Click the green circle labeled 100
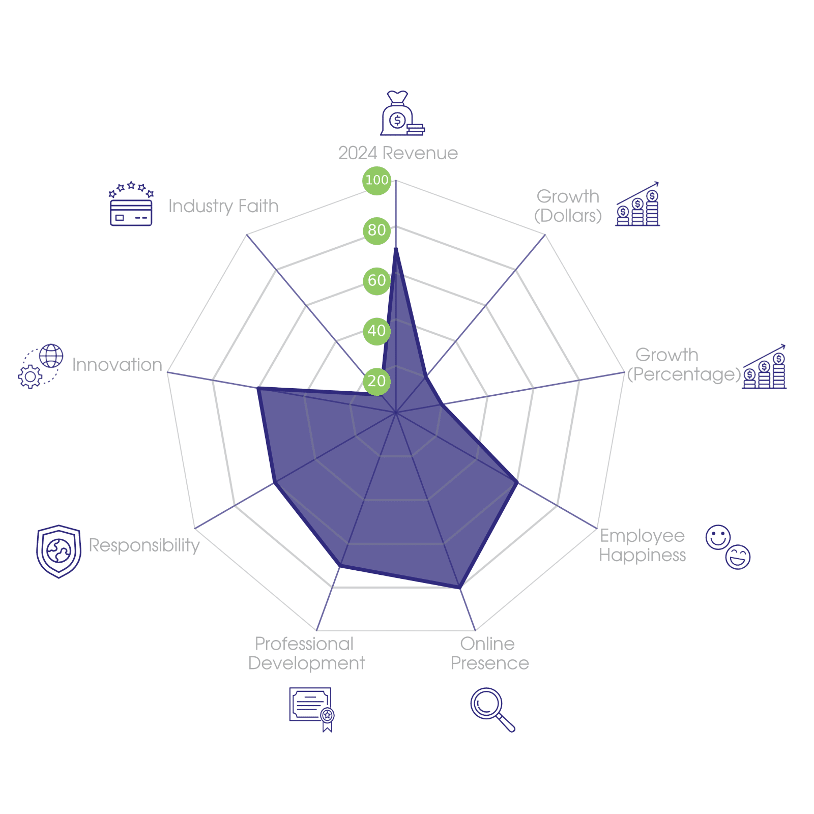click(x=376, y=180)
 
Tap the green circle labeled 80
click(x=376, y=230)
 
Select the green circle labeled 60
click(x=376, y=280)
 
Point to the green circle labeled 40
click(x=376, y=331)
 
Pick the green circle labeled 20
click(x=376, y=381)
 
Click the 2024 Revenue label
click(x=398, y=153)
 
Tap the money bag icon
click(x=401, y=114)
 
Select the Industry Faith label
click(x=223, y=206)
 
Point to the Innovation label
click(x=117, y=365)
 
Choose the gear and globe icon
click(x=41, y=366)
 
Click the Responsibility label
click(x=144, y=545)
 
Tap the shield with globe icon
click(x=59, y=551)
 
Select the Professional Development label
click(x=306, y=654)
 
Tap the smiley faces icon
click(x=728, y=547)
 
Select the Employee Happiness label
click(x=643, y=545)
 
